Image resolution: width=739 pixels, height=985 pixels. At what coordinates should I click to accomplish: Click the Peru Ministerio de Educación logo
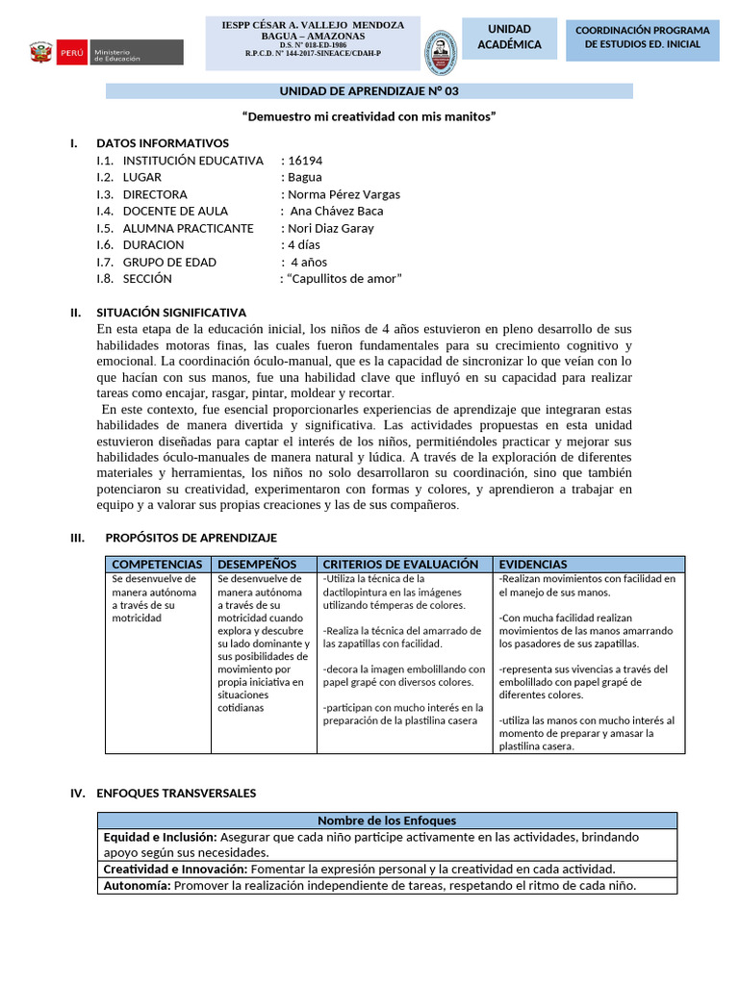tap(105, 52)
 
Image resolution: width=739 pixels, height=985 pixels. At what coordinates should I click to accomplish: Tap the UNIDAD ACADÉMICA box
tap(509, 38)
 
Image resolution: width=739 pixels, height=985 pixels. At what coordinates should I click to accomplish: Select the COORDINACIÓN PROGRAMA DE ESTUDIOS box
tap(642, 38)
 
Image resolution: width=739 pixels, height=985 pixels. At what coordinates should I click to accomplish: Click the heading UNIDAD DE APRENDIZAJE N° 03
tap(369, 91)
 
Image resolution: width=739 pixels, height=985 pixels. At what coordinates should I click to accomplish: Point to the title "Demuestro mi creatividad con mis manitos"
tap(369, 116)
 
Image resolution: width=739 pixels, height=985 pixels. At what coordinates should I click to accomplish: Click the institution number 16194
tap(305, 161)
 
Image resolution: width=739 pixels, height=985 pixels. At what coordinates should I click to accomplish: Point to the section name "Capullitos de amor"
tap(344, 279)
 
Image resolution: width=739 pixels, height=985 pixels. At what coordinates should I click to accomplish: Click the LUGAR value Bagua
tap(305, 177)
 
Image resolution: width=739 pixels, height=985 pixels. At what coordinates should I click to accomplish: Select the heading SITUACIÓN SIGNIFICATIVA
tap(171, 313)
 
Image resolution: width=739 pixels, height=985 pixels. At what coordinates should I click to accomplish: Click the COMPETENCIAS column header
tap(158, 564)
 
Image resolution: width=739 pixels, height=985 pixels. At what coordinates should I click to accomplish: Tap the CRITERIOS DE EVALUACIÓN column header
tap(400, 564)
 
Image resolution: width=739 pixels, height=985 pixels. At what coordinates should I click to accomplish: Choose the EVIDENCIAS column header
tap(533, 564)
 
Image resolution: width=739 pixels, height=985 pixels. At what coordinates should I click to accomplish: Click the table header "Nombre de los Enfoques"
tap(387, 821)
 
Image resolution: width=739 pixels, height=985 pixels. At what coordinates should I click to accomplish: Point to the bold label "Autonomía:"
tap(137, 886)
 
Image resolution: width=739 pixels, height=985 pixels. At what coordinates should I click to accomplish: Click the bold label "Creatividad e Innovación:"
tap(175, 869)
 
